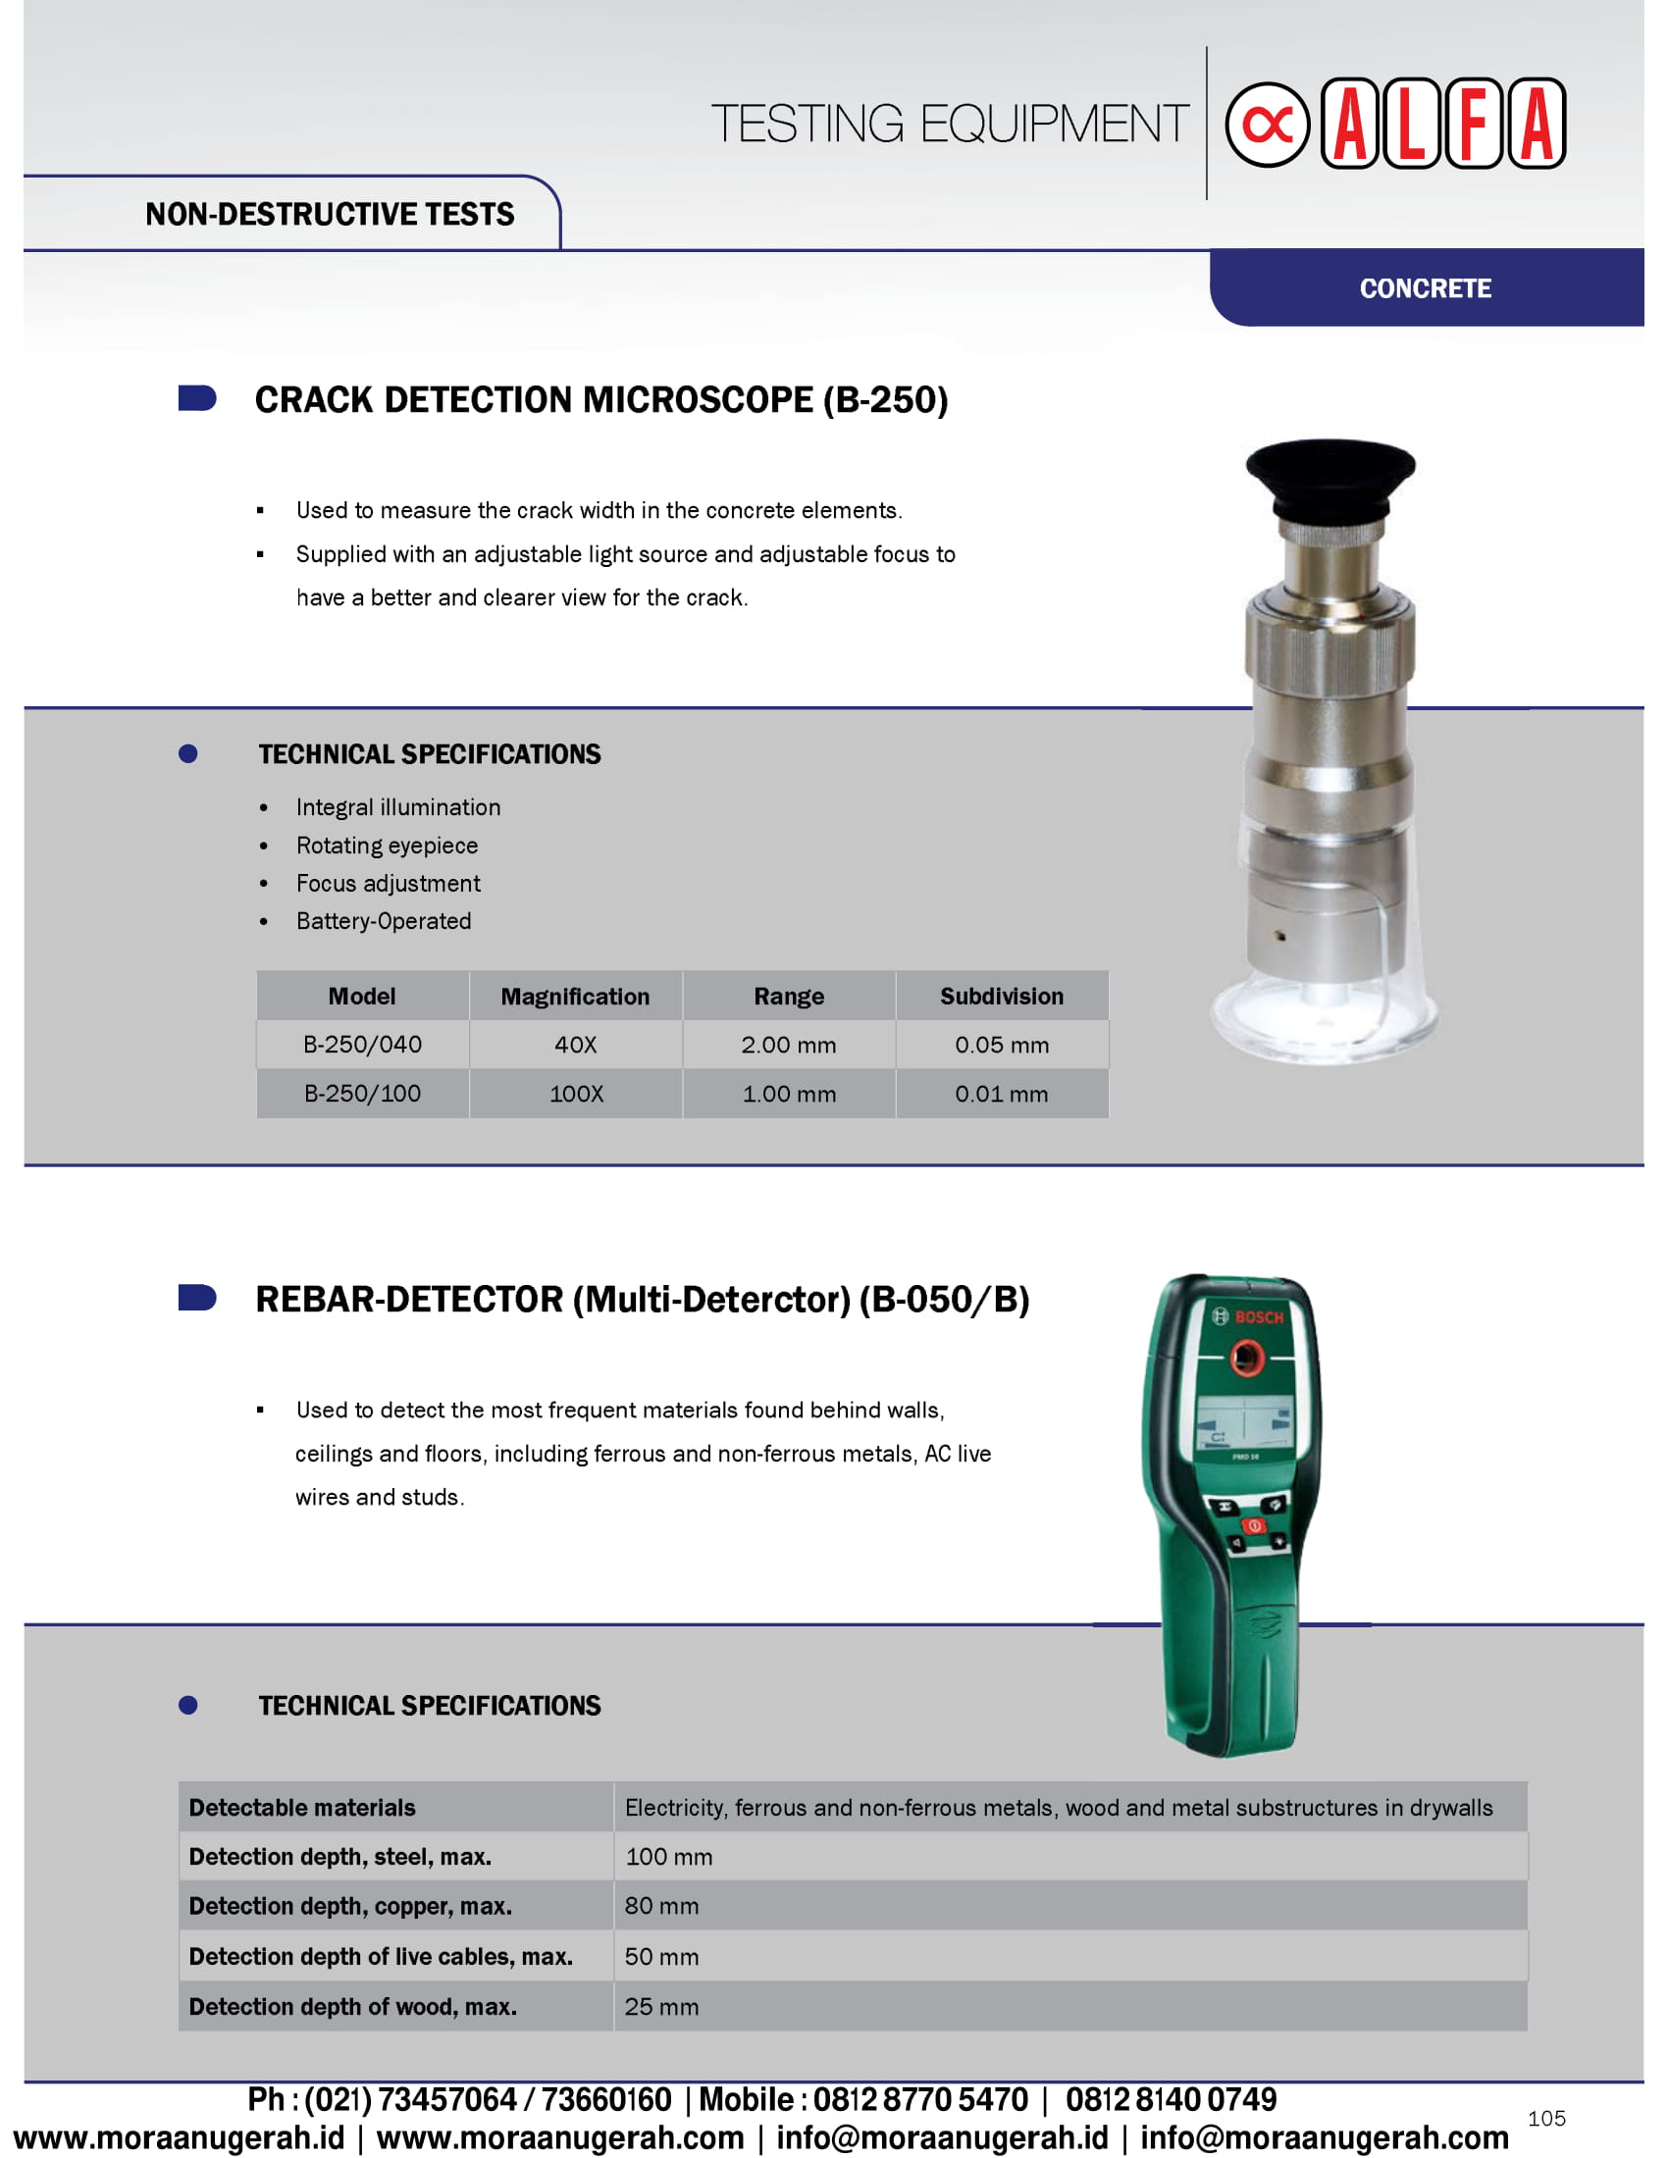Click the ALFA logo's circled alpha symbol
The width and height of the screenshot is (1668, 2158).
[1267, 125]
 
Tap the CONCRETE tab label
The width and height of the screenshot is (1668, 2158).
[1425, 288]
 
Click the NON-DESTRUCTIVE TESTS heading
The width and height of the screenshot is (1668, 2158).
[329, 215]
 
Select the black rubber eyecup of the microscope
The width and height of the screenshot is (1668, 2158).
[1330, 476]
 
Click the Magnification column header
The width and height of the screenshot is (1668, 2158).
[575, 996]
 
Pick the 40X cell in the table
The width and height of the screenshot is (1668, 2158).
[575, 1045]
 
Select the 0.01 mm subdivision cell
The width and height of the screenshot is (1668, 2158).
[1001, 1094]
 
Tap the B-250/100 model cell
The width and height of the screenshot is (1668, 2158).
[363, 1094]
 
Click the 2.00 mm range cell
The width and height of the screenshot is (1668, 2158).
[789, 1045]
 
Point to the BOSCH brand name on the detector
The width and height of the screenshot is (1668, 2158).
[1258, 1317]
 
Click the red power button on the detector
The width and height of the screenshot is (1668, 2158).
[1253, 1525]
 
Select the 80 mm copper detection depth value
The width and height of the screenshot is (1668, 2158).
[661, 1906]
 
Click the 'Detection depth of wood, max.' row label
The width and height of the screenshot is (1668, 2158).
[353, 2007]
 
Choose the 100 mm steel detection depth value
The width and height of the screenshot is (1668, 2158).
[669, 1857]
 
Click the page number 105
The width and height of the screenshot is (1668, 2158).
[1545, 2119]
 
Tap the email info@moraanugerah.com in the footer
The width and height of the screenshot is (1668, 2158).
[1325, 2137]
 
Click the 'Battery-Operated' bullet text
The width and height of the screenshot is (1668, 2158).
[384, 921]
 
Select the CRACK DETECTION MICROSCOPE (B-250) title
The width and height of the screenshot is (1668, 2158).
[600, 400]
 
